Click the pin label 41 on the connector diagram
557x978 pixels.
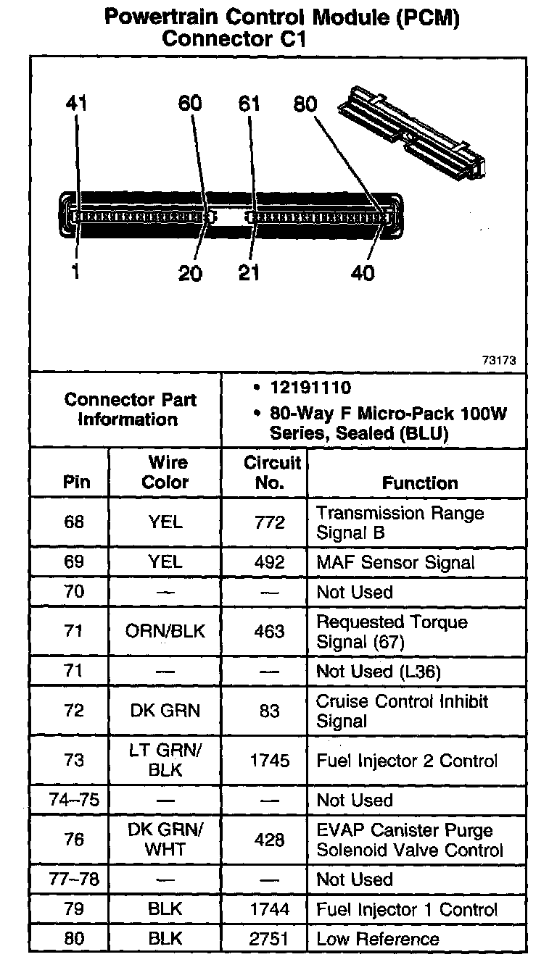coord(75,104)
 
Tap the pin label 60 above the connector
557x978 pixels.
coord(190,104)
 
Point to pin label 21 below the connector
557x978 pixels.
coord(249,272)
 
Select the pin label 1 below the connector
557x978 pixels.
coord(75,272)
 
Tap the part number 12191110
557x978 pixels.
coord(310,388)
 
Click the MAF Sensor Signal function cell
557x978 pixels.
coord(395,562)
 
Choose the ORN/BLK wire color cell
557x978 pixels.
coord(165,631)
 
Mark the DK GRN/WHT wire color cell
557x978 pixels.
coord(165,840)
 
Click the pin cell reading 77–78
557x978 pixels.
coord(73,879)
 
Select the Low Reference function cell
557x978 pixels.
coord(378,939)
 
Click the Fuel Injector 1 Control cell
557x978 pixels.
coord(407,909)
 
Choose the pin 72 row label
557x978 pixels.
coord(74,711)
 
